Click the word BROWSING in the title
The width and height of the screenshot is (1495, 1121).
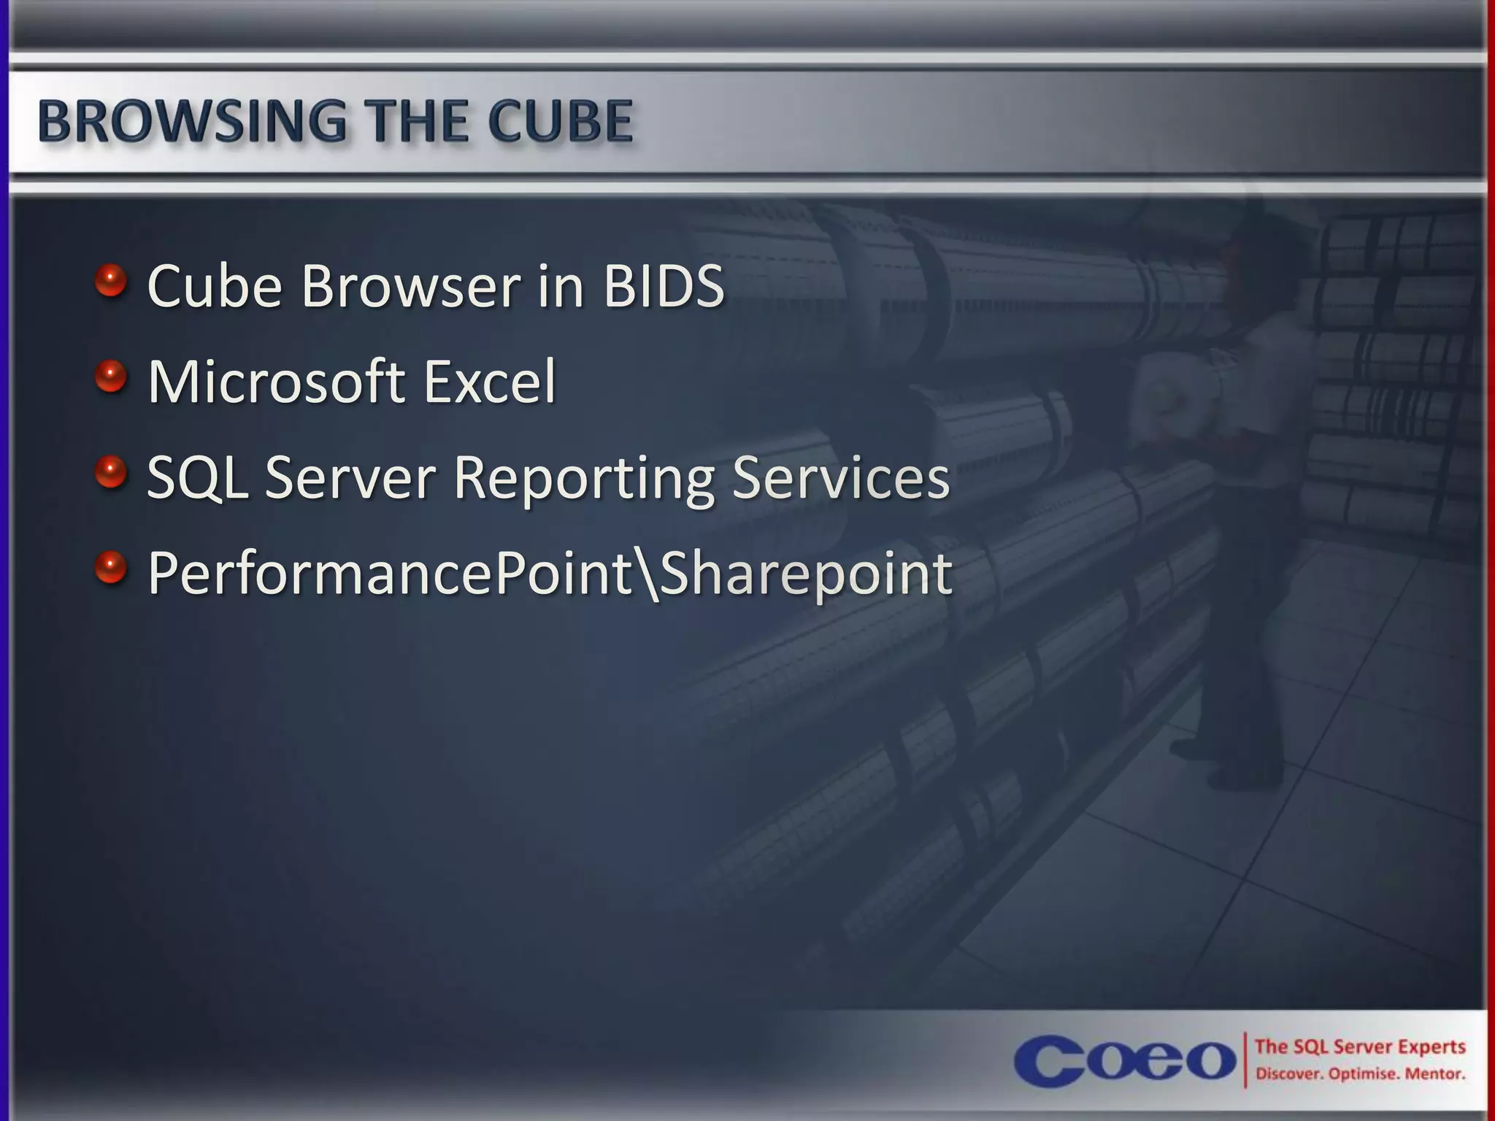pos(192,121)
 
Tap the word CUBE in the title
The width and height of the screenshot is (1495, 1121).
pos(560,121)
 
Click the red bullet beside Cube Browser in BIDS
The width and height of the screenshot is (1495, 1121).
pos(111,281)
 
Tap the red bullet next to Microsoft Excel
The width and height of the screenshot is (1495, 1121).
pos(111,377)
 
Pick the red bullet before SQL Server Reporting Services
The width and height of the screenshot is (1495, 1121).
pos(111,472)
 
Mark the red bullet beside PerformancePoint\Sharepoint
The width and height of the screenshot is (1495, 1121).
pos(111,568)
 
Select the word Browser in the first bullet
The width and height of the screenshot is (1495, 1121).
pos(411,286)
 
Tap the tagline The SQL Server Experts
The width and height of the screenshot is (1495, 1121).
pos(1359,1047)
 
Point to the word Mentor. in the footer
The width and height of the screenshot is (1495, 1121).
pos(1434,1074)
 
